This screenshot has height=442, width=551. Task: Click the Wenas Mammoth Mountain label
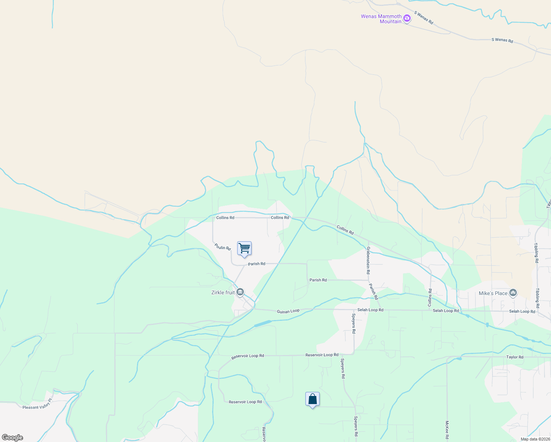click(x=381, y=19)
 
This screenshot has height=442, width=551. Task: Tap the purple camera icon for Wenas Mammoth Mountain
click(x=407, y=18)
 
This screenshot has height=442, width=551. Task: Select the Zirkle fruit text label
click(x=223, y=292)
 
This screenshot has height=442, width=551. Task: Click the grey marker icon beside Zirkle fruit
click(x=240, y=292)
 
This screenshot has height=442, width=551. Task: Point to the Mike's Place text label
click(x=493, y=293)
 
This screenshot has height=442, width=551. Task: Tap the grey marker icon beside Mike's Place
click(x=513, y=293)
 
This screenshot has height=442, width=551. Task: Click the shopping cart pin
click(x=245, y=249)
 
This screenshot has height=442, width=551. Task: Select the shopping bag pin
click(x=312, y=399)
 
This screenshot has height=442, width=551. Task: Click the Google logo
click(x=13, y=438)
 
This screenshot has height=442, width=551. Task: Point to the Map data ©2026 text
click(x=535, y=439)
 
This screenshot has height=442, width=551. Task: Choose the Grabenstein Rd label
click(x=368, y=260)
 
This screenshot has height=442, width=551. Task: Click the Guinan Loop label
click(x=288, y=311)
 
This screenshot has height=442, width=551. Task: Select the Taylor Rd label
click(x=515, y=357)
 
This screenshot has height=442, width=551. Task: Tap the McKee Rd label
click(x=447, y=430)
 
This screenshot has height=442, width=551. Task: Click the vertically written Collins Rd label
click(x=430, y=298)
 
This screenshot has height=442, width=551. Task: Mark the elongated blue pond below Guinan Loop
click(x=263, y=324)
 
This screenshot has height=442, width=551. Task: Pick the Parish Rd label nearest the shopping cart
click(x=256, y=264)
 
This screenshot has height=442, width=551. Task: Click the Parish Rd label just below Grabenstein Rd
click(x=373, y=291)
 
